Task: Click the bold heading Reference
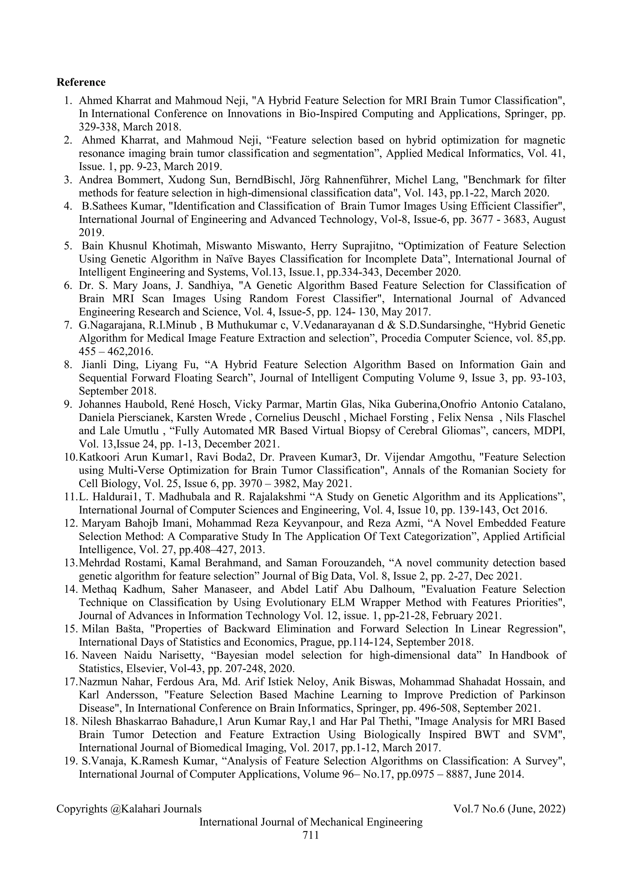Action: [x=81, y=82]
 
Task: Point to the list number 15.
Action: [x=71, y=629]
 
